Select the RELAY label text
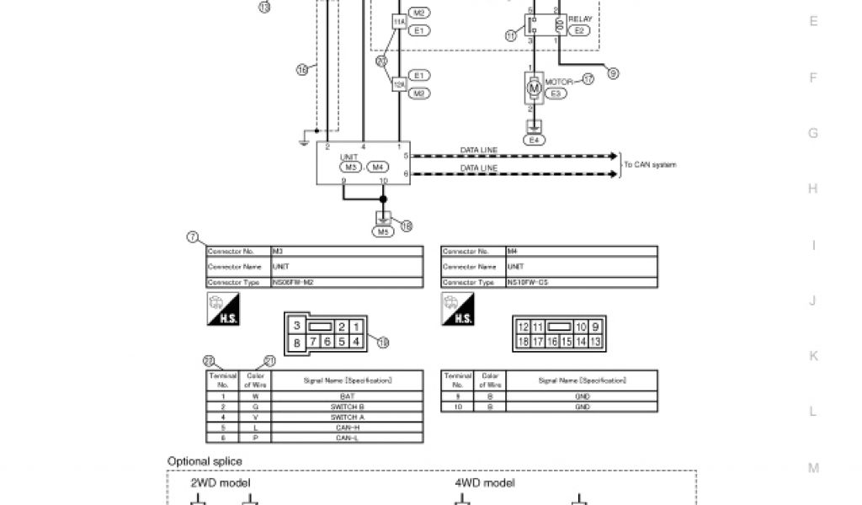[580, 19]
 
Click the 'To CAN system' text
[650, 165]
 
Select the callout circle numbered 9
[613, 74]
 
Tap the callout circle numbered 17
[588, 79]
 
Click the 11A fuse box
[399, 21]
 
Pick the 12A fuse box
[399, 83]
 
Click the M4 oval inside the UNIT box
[379, 167]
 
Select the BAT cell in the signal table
[347, 396]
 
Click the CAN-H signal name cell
[347, 428]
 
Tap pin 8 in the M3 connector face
[296, 342]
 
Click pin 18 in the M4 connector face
[523, 342]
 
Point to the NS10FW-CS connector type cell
[581, 283]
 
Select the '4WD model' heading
[485, 483]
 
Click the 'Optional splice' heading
[205, 461]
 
